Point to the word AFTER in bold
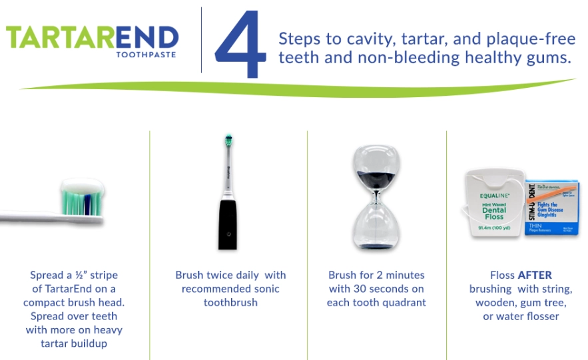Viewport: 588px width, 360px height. coord(535,275)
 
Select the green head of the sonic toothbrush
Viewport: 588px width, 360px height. coord(228,142)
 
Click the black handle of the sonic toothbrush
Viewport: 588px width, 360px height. coord(228,222)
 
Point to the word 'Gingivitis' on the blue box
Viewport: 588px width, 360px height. coord(550,210)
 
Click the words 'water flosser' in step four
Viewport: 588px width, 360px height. coord(526,317)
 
